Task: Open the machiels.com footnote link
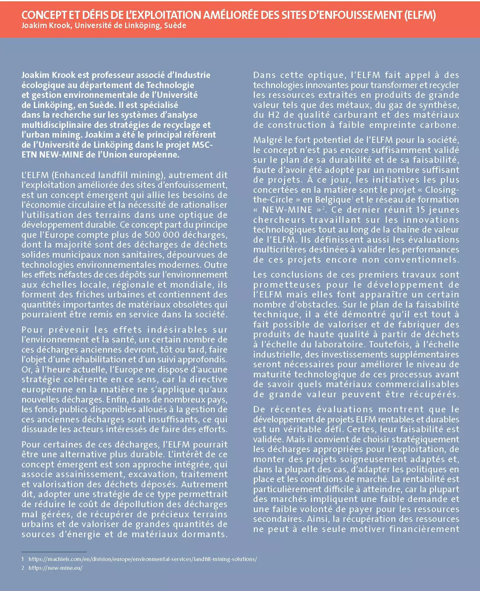142,559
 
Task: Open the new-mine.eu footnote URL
55,568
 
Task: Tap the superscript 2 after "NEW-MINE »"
323,208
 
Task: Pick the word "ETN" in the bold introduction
29,155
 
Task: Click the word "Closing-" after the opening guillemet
442,190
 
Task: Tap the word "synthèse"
439,105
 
